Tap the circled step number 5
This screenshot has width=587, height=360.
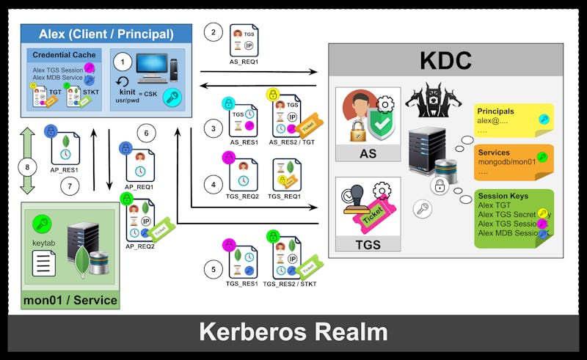click(x=214, y=270)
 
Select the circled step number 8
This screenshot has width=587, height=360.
click(x=28, y=166)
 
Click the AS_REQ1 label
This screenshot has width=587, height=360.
click(x=244, y=62)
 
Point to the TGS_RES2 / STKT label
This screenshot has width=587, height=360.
click(x=286, y=283)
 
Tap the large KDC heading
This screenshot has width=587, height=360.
click(x=445, y=59)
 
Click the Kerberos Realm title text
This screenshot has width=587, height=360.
click(x=293, y=332)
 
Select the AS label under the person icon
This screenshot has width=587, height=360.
click(x=368, y=154)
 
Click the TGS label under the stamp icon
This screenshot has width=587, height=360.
click(x=368, y=244)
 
